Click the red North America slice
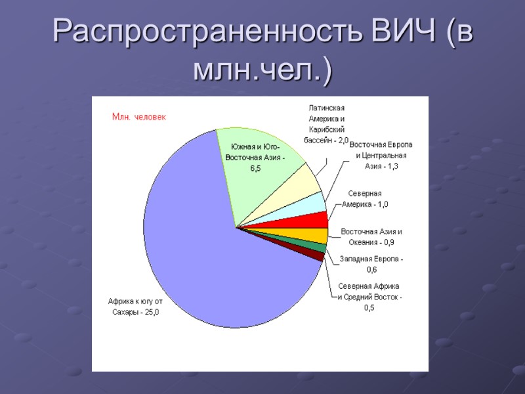coord(315,220)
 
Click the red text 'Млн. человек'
coord(139,117)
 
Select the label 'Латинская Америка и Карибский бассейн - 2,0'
coord(326,124)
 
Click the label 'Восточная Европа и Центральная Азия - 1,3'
coord(381,155)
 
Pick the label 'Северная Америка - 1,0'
coord(366,199)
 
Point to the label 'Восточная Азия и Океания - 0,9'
coord(371,237)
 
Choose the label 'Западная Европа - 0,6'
coord(371,265)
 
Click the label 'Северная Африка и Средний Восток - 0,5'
coord(369,297)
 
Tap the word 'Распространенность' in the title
coord(199,30)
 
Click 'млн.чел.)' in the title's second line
coord(262,70)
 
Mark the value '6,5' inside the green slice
coord(255,169)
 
